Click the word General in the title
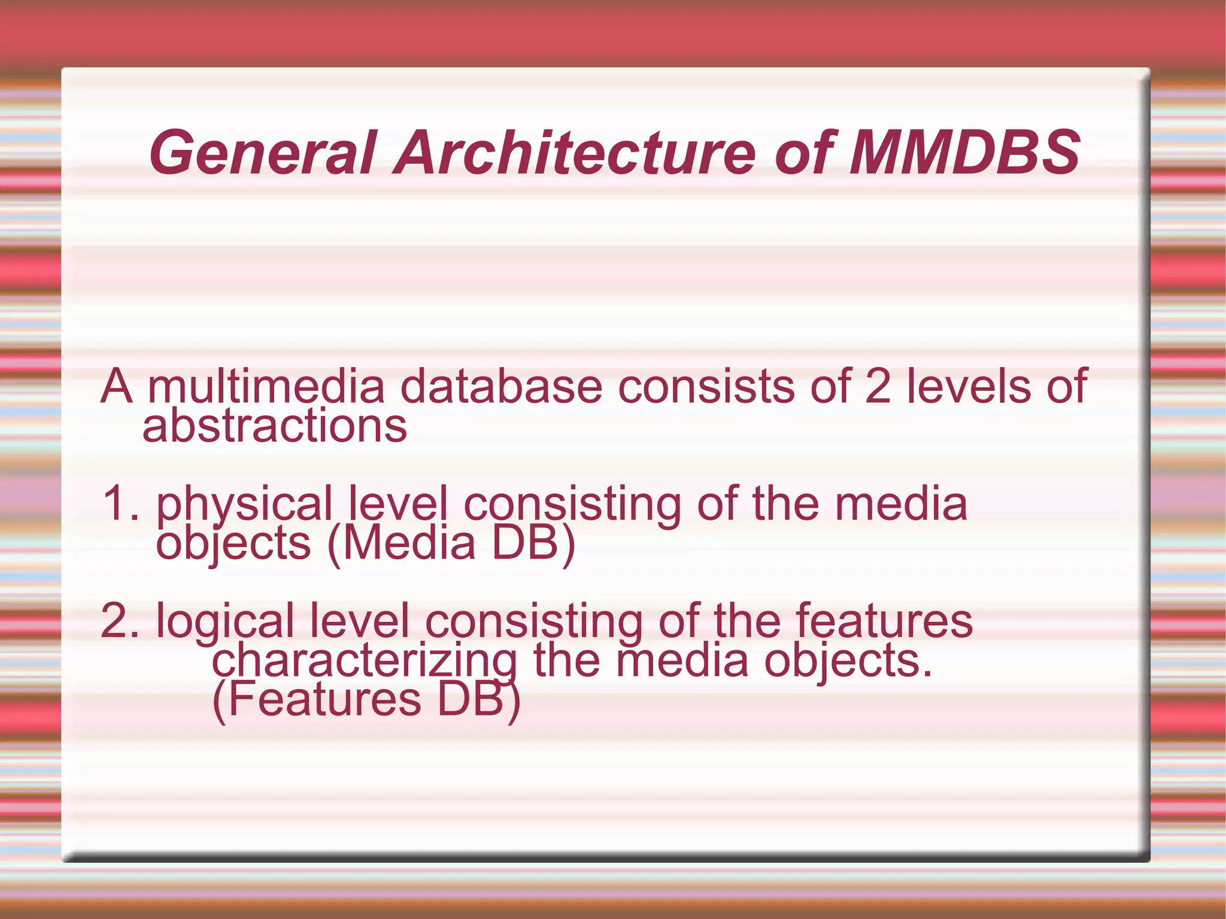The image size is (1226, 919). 263,153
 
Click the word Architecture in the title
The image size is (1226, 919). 575,153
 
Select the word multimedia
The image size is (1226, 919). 266,387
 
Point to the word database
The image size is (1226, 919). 501,387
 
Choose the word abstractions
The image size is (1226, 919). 275,426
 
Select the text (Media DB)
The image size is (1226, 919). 451,544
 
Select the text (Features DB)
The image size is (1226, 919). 366,700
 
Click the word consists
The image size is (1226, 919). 706,387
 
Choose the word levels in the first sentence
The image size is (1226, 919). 968,387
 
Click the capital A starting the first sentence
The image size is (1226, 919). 117,387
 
